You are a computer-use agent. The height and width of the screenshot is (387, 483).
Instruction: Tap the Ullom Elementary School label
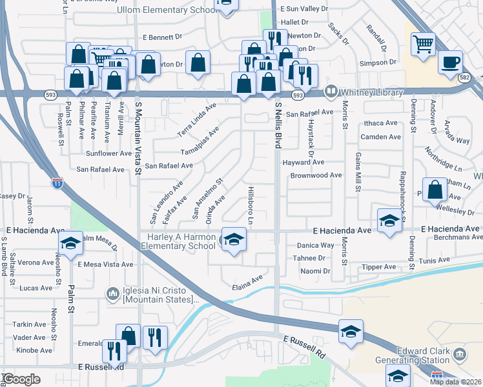click(x=167, y=10)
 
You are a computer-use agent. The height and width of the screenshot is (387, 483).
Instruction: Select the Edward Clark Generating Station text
click(x=413, y=355)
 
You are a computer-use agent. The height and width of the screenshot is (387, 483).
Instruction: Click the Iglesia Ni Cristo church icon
click(x=113, y=294)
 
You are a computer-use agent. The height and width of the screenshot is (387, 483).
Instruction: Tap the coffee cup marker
click(x=450, y=63)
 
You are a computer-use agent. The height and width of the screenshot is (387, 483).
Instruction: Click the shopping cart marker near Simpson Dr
click(x=423, y=45)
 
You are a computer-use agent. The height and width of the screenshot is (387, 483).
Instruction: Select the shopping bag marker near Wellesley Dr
click(x=435, y=189)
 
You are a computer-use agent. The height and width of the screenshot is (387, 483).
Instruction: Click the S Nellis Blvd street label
click(x=279, y=126)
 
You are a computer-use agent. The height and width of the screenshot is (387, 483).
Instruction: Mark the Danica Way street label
click(x=315, y=245)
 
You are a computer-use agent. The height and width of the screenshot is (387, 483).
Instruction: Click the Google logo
click(x=22, y=379)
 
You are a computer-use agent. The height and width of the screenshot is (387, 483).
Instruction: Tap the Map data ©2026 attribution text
click(x=455, y=382)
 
